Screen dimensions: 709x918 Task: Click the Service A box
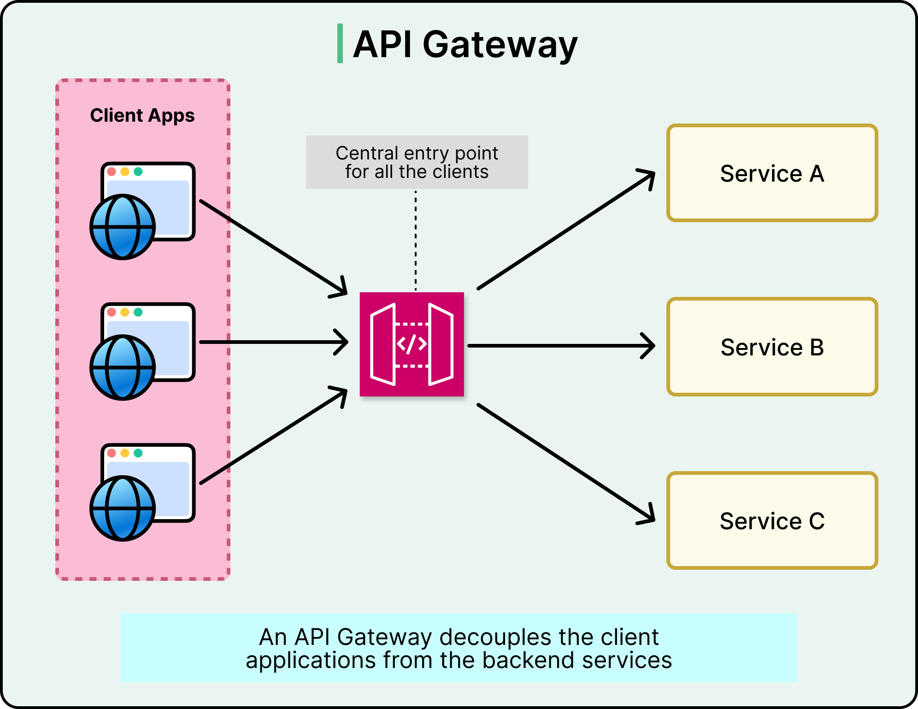coord(772,173)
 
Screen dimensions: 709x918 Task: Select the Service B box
coord(772,347)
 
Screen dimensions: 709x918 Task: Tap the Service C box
coord(772,520)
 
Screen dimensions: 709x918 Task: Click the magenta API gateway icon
coord(412,344)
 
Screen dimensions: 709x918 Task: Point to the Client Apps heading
coord(142,115)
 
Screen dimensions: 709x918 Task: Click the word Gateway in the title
coord(500,45)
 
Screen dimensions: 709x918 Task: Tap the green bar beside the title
coord(340,43)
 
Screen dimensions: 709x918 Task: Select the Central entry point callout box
coord(417,162)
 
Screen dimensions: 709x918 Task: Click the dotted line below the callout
coord(416,240)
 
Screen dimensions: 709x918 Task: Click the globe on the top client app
coord(123,227)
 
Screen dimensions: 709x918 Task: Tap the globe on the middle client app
coord(123,367)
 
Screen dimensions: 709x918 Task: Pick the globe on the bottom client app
coord(123,508)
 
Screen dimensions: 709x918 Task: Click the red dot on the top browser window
coord(112,171)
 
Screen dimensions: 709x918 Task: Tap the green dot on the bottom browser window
coord(138,453)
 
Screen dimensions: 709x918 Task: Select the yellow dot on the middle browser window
coord(125,312)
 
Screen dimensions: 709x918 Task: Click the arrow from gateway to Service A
coord(566,230)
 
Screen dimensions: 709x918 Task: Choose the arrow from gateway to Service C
coord(566,463)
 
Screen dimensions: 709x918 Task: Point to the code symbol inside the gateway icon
coord(412,344)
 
